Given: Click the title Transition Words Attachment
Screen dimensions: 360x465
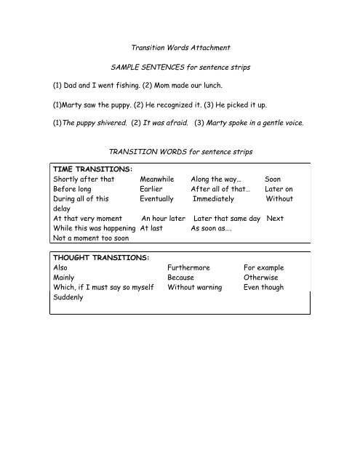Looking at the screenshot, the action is [x=180, y=48].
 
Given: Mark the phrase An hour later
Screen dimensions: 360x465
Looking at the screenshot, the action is [x=164, y=217].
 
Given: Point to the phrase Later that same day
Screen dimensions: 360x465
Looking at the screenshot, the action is [x=226, y=217].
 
